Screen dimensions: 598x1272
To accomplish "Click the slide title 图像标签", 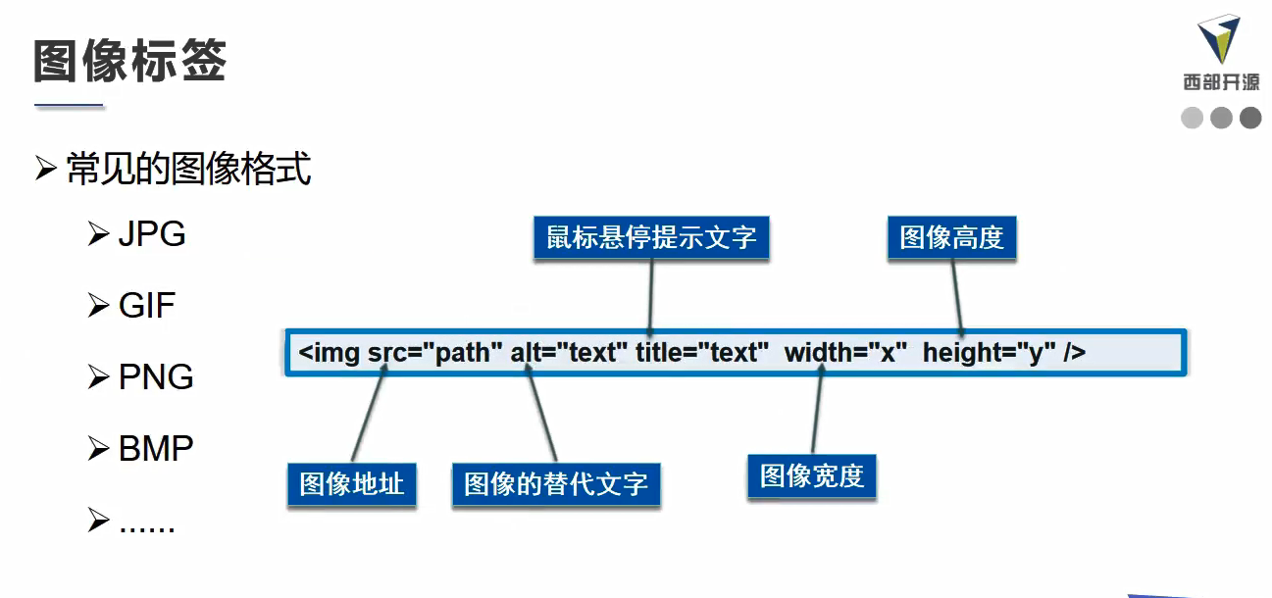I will pyautogui.click(x=130, y=61).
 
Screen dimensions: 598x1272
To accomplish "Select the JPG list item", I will pyautogui.click(x=151, y=235).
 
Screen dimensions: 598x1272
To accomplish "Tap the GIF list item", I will pyautogui.click(x=146, y=306).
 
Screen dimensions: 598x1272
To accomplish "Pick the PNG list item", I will pyautogui.click(x=155, y=377).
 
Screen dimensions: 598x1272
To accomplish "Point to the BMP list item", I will pyautogui.click(x=155, y=448).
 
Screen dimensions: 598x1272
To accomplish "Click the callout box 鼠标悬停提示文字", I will pyautogui.click(x=651, y=238).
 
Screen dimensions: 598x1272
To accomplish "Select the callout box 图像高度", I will pyautogui.click(x=951, y=238).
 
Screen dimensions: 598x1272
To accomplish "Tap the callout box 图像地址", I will pyautogui.click(x=351, y=483).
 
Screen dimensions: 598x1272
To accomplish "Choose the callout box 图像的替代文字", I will pyautogui.click(x=555, y=484).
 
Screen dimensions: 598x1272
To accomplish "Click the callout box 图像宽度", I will pyautogui.click(x=811, y=475).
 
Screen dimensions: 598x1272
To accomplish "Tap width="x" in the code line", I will pyautogui.click(x=845, y=353).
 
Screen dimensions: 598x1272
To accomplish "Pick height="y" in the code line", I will pyautogui.click(x=989, y=353).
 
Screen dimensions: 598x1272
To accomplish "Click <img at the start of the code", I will pyautogui.click(x=330, y=353).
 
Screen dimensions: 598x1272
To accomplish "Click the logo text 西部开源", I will pyautogui.click(x=1221, y=82).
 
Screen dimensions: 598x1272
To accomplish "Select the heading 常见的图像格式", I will pyautogui.click(x=188, y=170).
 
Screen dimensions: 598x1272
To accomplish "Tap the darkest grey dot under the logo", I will pyautogui.click(x=1250, y=119).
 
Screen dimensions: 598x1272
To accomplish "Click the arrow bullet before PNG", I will pyautogui.click(x=98, y=376).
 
